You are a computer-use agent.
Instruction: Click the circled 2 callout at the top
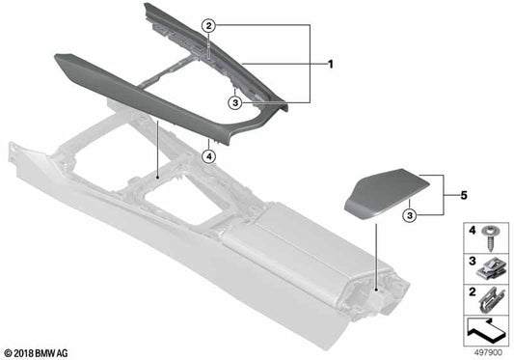209,27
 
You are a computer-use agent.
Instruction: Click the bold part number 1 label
330,66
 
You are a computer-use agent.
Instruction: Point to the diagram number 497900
488,351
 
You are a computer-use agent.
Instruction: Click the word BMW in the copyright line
50,352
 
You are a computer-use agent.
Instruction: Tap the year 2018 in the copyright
25,352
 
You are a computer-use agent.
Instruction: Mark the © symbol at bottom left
8,352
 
